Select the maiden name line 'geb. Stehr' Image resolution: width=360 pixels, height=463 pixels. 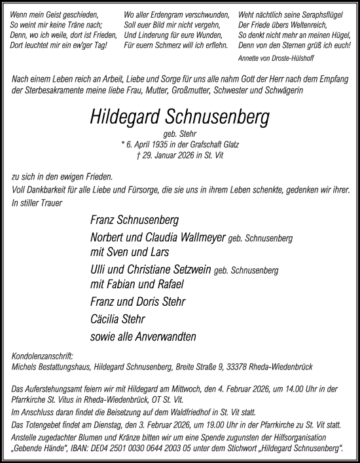click(x=180, y=135)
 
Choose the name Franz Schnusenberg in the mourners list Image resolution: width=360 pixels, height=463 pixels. click(x=134, y=220)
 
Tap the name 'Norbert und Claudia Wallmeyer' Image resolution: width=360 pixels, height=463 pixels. click(x=158, y=238)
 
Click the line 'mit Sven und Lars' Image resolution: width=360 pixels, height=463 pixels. click(x=130, y=252)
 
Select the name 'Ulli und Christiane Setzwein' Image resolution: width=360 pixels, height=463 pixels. click(x=157, y=270)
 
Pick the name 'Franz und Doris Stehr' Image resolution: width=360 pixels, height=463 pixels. click(x=138, y=302)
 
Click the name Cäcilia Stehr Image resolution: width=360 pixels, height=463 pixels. click(x=117, y=320)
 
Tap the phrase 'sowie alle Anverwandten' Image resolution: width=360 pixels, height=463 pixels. click(x=143, y=337)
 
